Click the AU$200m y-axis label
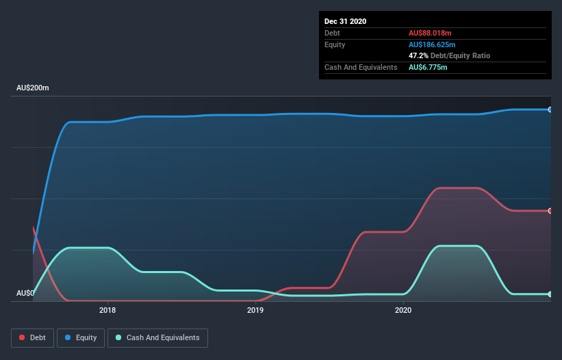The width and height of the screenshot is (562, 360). (33, 88)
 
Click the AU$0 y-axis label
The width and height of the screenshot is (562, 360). (26, 294)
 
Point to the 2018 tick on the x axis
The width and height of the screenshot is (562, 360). (107, 310)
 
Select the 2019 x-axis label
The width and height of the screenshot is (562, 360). (255, 310)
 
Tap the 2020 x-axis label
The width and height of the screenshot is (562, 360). (403, 310)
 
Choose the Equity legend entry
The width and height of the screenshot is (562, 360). (81, 337)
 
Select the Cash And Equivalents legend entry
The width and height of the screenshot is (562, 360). (157, 337)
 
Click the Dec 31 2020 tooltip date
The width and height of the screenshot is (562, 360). (346, 21)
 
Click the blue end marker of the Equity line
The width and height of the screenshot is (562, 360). (550, 110)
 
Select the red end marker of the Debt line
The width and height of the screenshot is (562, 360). (550, 211)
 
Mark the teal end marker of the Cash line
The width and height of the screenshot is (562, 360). (550, 294)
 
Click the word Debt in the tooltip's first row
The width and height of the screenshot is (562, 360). (332, 33)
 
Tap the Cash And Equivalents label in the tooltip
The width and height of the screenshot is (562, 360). (361, 67)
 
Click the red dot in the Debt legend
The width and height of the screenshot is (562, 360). (23, 337)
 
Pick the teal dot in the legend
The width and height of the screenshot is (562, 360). (119, 337)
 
